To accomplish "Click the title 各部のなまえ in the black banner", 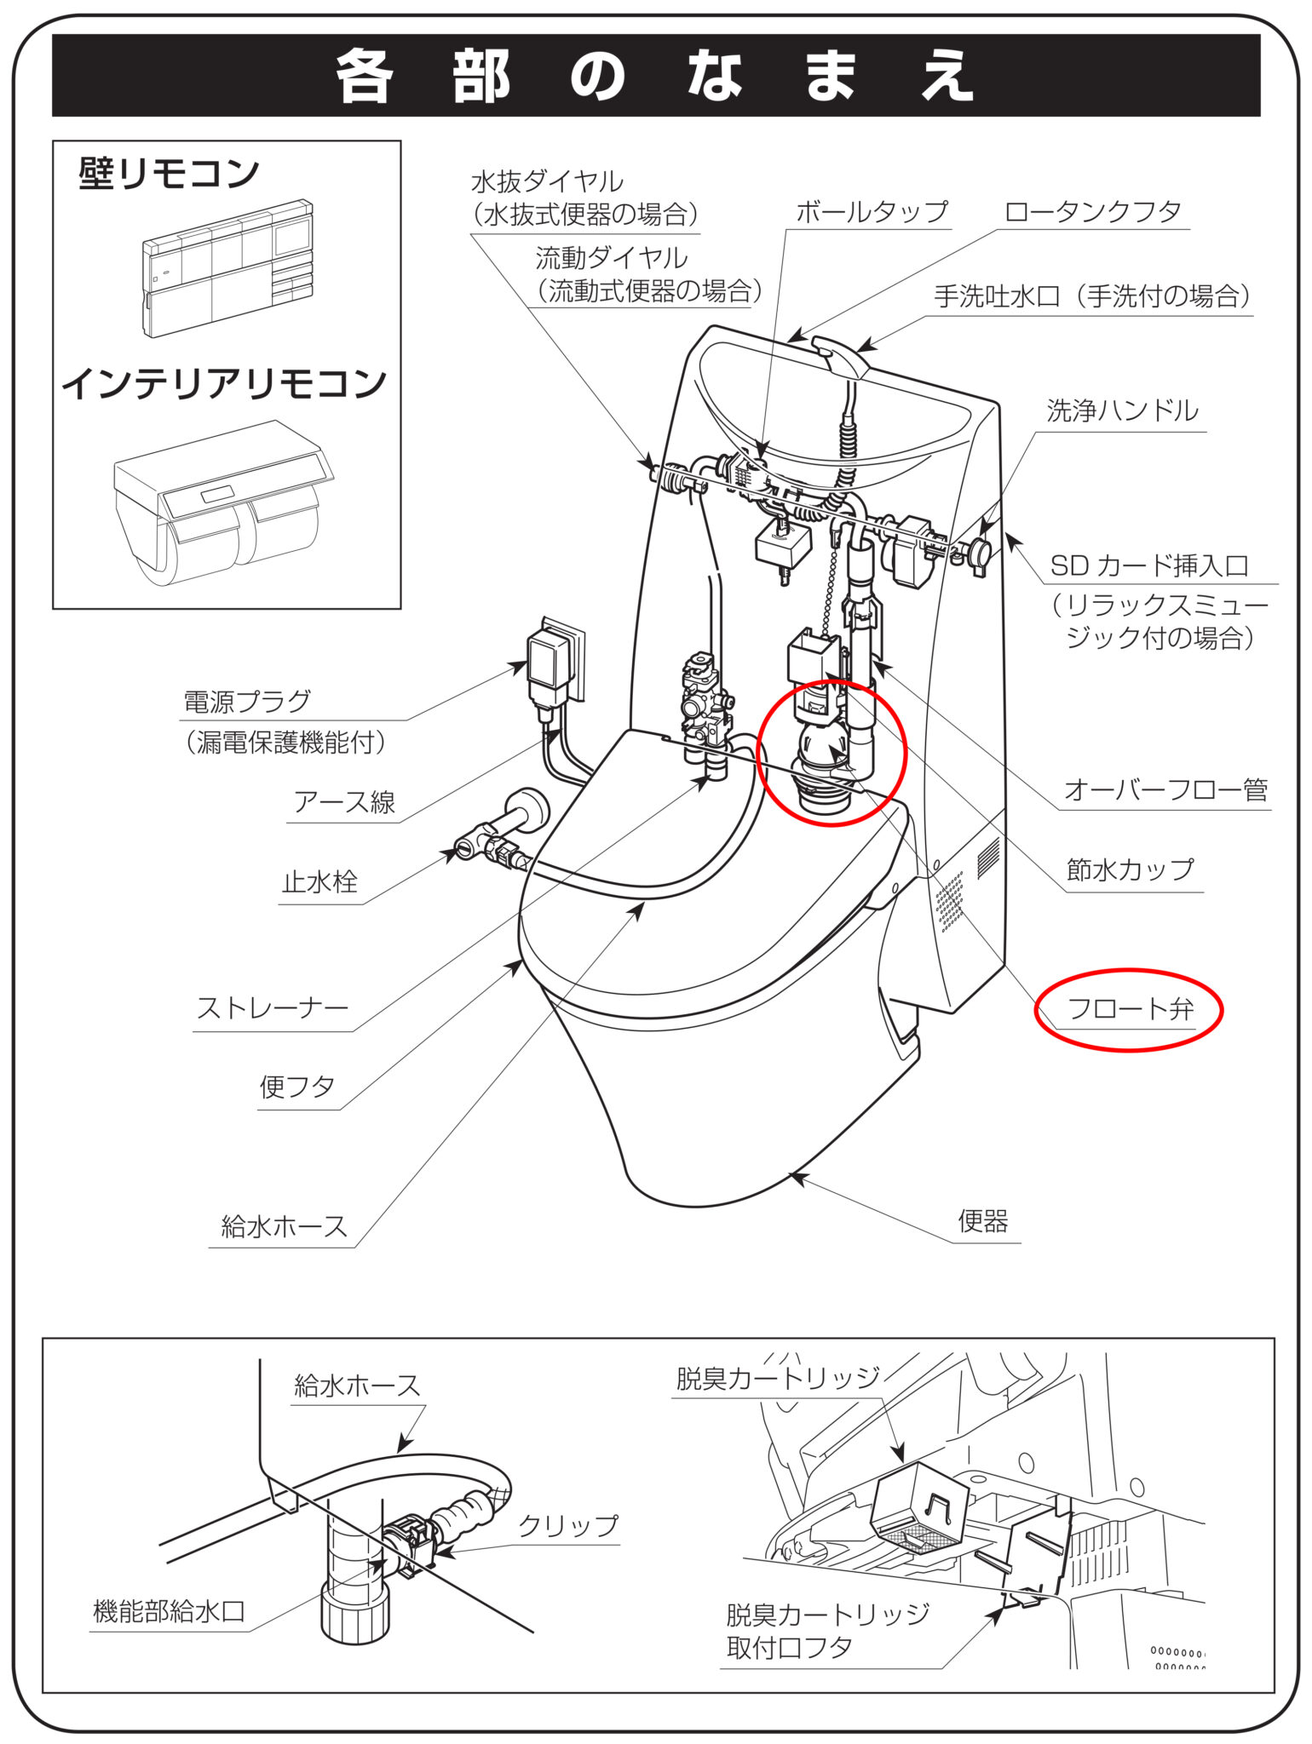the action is point(654,75).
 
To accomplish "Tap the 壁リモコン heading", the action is point(169,174).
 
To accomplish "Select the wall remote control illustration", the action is point(228,268).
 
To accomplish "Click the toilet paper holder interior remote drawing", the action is point(223,502).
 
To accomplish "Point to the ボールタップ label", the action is point(872,211).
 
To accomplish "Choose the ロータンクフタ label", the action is point(1093,211).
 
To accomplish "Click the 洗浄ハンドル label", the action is point(1122,411).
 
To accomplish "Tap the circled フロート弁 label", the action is point(1131,1009).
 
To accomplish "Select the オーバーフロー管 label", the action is point(1165,790).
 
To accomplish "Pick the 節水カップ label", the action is point(1130,869).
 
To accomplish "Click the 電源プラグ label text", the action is point(247,702).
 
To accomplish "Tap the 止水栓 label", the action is point(320,881).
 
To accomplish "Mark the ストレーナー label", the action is point(273,1008).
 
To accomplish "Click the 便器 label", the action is point(983,1221).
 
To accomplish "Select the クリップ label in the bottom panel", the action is point(568,1525).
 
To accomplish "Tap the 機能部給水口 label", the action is point(169,1611).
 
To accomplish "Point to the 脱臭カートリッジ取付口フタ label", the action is point(827,1632).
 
